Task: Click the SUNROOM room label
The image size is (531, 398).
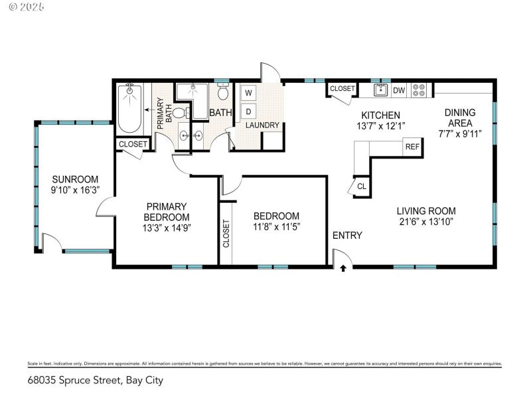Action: point(75,179)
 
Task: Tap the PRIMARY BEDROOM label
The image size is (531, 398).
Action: point(167,212)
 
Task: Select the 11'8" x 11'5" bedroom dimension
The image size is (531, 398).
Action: point(276,228)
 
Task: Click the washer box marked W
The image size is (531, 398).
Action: point(248,92)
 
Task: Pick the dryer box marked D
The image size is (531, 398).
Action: point(248,110)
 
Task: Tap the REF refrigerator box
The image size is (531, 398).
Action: point(412,147)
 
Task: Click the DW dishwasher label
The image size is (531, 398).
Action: point(399,90)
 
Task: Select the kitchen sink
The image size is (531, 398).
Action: point(381,90)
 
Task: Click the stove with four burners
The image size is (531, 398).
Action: point(419,90)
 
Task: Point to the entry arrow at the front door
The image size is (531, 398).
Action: point(343,268)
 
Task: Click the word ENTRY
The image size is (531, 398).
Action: point(347,235)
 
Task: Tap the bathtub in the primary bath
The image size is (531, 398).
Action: point(129,108)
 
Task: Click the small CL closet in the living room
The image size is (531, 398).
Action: point(361,186)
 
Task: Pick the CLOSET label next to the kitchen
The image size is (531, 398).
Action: point(342,88)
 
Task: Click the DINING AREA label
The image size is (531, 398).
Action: point(459,118)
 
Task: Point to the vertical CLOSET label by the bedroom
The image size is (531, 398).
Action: point(226,233)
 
